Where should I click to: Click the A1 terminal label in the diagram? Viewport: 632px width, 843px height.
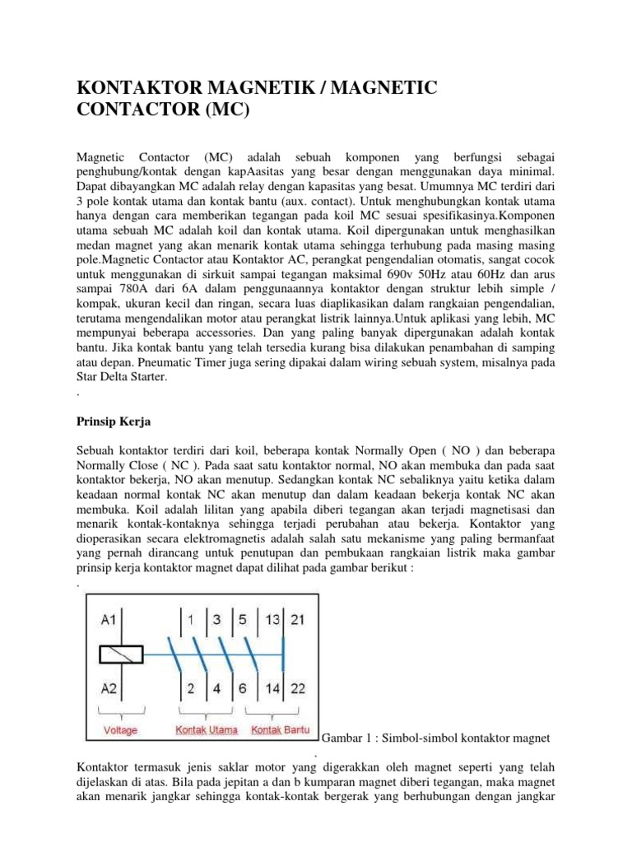point(111,620)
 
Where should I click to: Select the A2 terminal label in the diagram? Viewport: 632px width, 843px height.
point(111,687)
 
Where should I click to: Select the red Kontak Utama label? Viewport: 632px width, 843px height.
point(206,730)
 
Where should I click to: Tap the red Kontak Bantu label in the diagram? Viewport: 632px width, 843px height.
point(280,730)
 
